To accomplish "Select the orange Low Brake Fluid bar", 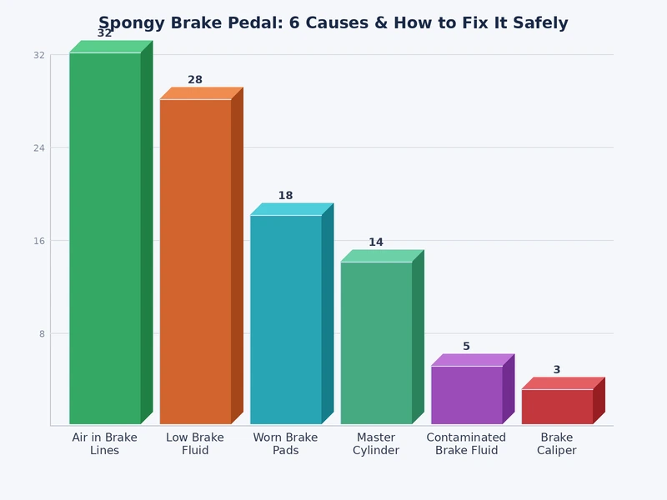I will point(195,262).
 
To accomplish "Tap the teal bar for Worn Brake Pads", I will point(285,320).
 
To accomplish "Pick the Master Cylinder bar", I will point(376,343).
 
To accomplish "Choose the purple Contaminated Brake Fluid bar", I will point(466,395).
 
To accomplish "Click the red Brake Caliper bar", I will point(557,407).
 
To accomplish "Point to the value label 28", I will point(195,80).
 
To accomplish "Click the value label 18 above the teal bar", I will point(285,196).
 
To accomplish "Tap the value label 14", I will point(376,242).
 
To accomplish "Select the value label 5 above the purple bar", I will point(466,347).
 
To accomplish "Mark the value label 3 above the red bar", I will point(557,370).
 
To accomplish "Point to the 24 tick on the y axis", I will point(39,148).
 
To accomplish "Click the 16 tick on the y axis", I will point(39,241).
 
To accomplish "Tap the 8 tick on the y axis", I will point(42,334).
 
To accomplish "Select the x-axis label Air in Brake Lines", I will point(105,444).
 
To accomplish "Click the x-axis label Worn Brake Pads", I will point(285,444).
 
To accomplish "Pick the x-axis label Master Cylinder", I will point(376,444).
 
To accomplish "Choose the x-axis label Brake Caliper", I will point(557,444).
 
